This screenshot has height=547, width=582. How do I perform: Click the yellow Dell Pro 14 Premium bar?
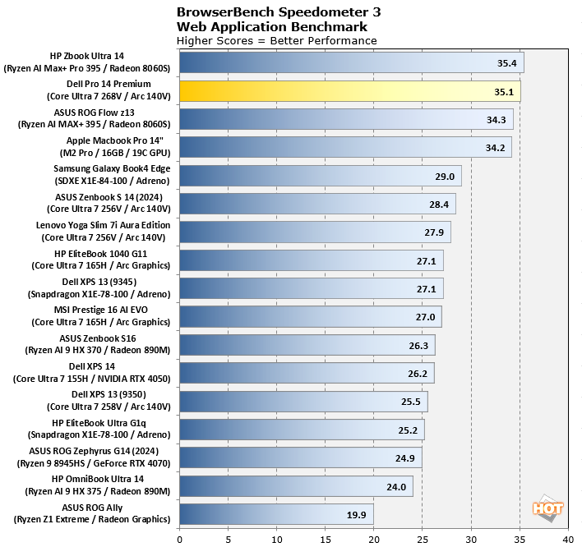click(349, 91)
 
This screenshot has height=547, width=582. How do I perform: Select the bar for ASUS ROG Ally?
click(276, 514)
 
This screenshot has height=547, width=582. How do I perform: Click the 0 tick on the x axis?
click(180, 539)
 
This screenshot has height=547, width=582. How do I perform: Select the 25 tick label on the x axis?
click(423, 539)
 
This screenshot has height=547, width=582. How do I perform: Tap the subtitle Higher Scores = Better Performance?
click(277, 40)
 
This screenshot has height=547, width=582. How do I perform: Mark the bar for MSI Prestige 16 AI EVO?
click(311, 316)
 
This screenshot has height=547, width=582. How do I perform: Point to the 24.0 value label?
click(396, 486)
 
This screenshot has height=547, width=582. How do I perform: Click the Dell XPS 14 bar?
click(307, 373)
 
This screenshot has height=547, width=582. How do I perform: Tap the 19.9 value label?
click(357, 514)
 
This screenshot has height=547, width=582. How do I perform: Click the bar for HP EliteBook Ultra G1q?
click(302, 430)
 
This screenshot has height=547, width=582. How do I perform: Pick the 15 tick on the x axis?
click(326, 539)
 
